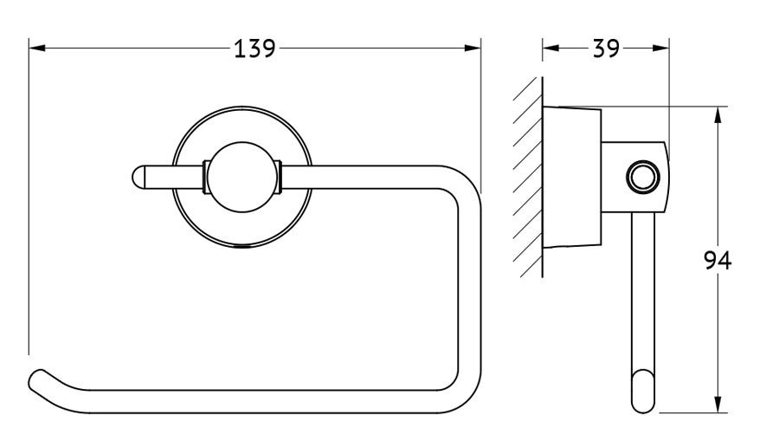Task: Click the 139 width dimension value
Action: [x=254, y=49]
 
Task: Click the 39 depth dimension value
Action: [x=606, y=49]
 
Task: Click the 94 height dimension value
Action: [x=718, y=261]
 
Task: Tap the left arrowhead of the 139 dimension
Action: [x=37, y=49]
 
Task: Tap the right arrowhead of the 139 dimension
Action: [x=473, y=49]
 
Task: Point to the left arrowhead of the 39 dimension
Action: [x=550, y=49]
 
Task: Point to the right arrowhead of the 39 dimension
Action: [x=660, y=49]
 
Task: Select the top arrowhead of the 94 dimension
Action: [x=718, y=115]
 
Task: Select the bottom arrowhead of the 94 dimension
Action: [x=718, y=405]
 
